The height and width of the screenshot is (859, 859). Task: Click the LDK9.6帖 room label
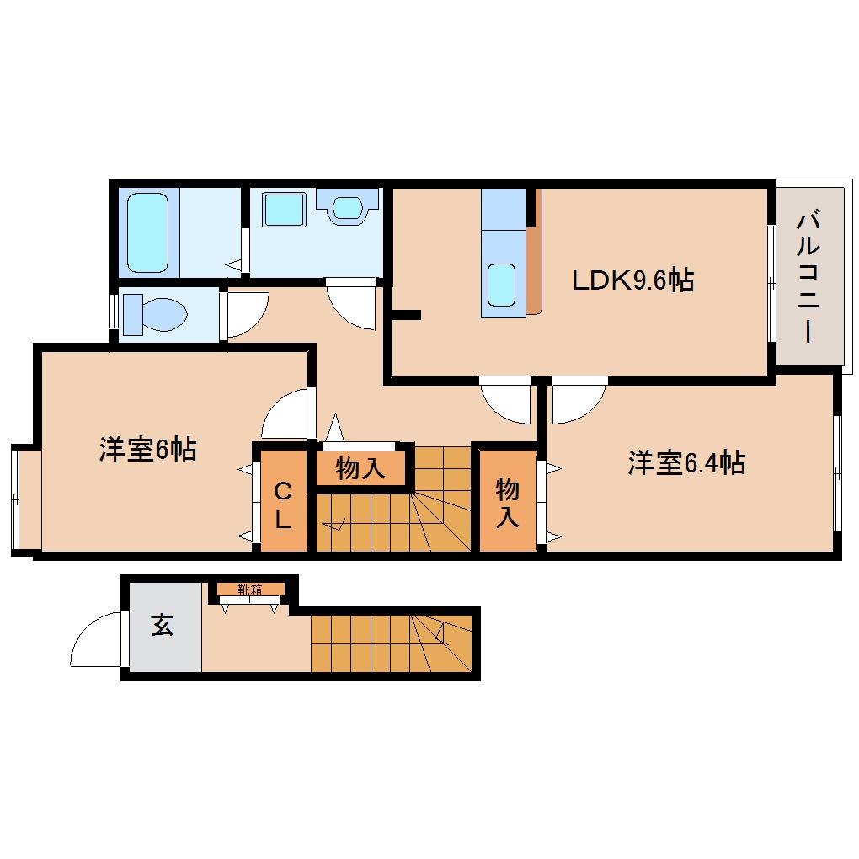632,280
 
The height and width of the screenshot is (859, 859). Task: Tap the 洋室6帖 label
147,449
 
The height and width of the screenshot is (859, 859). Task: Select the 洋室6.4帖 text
686,463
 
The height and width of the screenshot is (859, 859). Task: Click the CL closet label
283,504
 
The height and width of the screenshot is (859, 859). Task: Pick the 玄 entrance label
163,625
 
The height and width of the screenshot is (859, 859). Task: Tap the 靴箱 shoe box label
250,590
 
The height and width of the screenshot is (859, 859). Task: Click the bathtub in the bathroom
147,232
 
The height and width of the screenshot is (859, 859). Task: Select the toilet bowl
155,314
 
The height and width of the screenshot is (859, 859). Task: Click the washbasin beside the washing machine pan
347,206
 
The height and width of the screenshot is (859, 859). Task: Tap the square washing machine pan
283,209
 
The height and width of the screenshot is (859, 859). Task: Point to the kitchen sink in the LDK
501,285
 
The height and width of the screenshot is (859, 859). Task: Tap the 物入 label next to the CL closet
360,468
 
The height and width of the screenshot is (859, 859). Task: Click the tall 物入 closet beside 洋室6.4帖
508,500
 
